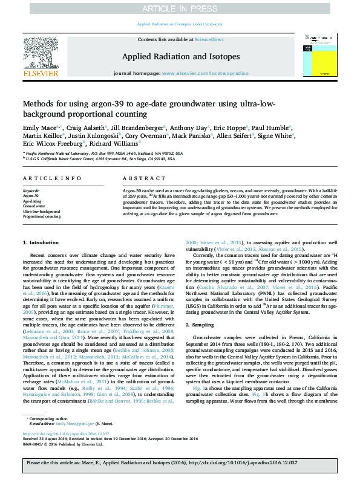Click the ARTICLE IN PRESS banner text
[180, 8]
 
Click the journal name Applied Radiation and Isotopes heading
[181, 57]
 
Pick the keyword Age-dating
[33, 202]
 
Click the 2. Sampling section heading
[204, 325]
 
